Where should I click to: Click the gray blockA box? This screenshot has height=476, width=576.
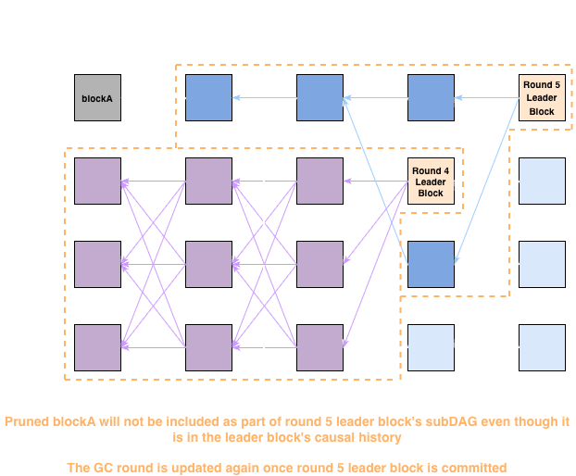(x=97, y=97)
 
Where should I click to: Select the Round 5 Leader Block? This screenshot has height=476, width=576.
(x=542, y=97)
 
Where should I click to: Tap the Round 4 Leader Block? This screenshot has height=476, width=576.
(x=431, y=181)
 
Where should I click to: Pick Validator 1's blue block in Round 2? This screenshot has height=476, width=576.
(x=208, y=97)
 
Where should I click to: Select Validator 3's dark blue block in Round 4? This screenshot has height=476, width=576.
(x=431, y=264)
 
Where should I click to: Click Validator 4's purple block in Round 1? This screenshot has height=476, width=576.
(x=97, y=347)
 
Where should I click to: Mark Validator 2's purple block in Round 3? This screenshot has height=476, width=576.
(x=319, y=181)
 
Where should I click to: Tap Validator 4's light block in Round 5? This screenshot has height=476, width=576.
(x=542, y=347)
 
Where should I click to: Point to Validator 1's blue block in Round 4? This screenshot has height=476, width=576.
(x=431, y=97)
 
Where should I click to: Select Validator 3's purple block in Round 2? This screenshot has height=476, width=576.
(x=208, y=264)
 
